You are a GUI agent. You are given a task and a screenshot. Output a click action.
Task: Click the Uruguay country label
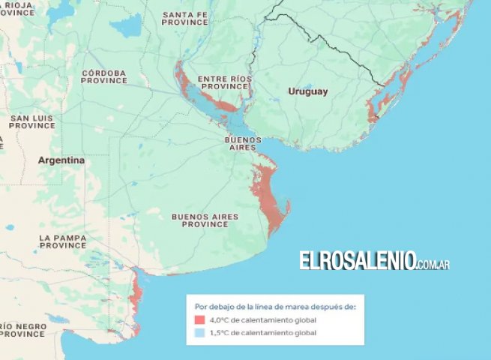308,91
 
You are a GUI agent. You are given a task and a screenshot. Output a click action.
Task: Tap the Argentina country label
61,160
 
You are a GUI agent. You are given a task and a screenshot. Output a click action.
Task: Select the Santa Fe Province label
185,18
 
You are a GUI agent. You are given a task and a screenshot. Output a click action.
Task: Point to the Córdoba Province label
103,76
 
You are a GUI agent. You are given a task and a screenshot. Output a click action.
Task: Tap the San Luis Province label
31,121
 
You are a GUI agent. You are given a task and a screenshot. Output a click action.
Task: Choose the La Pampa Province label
63,241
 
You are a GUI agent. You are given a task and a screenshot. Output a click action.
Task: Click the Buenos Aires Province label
205,220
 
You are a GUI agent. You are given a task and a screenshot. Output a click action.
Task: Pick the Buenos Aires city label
243,143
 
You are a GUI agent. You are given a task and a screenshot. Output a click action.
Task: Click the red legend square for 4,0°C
199,320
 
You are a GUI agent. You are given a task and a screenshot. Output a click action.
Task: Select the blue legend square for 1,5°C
199,332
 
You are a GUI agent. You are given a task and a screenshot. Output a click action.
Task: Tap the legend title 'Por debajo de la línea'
275,307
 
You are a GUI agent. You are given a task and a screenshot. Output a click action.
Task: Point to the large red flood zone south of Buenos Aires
268,195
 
